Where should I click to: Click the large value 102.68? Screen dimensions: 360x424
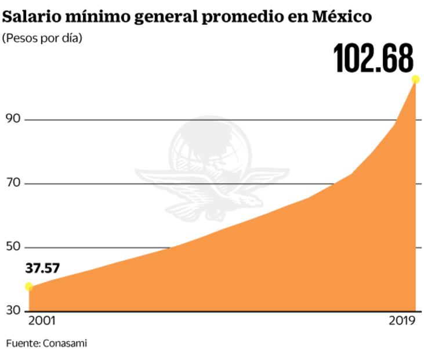(374, 57)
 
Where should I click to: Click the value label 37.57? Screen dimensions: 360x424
(42, 269)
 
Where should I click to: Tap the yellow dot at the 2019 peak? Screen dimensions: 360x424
(415, 80)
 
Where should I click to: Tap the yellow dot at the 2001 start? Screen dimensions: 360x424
(29, 286)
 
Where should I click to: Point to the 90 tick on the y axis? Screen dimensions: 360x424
(13, 119)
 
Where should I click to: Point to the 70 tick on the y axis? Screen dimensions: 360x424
(13, 183)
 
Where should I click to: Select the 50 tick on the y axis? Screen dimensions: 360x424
(13, 247)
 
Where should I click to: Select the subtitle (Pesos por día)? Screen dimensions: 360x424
(42, 39)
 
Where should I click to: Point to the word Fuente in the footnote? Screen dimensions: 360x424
(22, 343)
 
